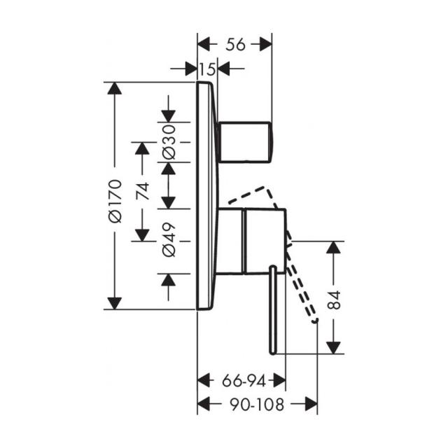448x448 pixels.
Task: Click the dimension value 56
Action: (235, 45)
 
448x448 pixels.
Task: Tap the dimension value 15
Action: (207, 69)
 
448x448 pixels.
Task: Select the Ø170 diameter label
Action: (115, 201)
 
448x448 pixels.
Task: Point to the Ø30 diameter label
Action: (169, 142)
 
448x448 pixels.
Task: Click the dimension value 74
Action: (143, 190)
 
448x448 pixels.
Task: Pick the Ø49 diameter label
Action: (169, 239)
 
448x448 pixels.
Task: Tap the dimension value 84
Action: (334, 300)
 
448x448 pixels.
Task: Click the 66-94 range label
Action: (244, 381)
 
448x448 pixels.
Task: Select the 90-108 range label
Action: (257, 405)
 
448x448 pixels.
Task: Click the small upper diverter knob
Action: (245, 142)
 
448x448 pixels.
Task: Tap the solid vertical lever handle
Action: (273, 310)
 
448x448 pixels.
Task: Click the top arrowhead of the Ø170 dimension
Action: (115, 88)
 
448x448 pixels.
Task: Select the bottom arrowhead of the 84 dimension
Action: (333, 348)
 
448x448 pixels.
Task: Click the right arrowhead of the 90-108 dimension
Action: (311, 404)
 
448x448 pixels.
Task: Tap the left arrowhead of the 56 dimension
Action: (204, 44)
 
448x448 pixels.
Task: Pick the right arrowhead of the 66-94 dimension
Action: (279, 380)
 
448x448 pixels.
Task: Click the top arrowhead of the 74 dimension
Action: (142, 148)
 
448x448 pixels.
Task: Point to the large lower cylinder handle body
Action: (265, 241)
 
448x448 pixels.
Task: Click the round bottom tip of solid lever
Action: (273, 352)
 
